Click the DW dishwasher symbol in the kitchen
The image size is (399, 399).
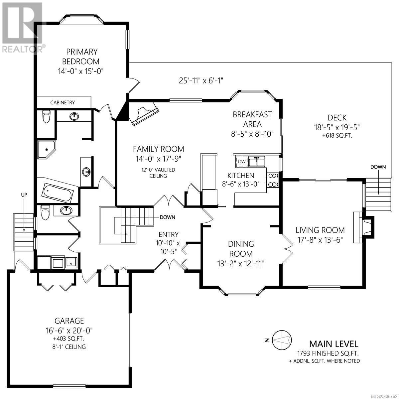242,162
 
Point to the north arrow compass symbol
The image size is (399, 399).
282,339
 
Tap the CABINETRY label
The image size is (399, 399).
63,102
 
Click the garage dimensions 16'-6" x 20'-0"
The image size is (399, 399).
69,330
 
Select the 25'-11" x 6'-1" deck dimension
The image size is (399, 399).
201,80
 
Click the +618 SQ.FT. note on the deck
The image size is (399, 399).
337,136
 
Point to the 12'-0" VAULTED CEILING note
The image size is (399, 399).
158,173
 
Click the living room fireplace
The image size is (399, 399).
363,227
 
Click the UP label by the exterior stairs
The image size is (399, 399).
24,195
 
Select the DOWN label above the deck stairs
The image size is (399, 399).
378,167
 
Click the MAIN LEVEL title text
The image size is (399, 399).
333,344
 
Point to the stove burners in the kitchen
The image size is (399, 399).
273,180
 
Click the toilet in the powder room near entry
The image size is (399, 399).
45,212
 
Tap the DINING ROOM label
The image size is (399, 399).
241,249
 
